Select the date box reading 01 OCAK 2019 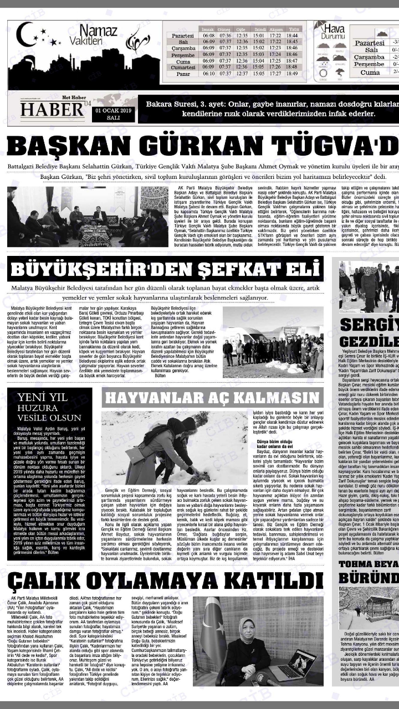click(113, 114)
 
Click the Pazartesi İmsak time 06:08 click(209, 35)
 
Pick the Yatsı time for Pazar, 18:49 click(292, 73)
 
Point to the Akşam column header click(276, 28)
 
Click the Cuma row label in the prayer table click(183, 61)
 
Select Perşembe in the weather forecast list click(369, 64)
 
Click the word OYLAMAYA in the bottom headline click(175, 582)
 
